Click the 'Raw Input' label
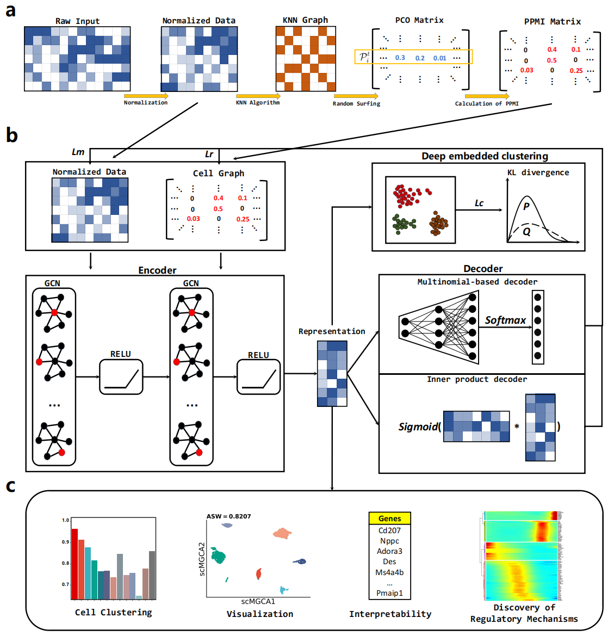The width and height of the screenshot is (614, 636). [77, 21]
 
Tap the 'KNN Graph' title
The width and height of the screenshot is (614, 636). [305, 20]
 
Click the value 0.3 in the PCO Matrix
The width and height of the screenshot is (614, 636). [400, 58]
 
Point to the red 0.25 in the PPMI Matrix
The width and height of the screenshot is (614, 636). [576, 71]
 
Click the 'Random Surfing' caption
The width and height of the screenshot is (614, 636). [356, 103]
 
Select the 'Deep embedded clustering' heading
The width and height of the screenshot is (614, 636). [485, 156]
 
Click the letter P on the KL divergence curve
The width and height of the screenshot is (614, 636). [526, 206]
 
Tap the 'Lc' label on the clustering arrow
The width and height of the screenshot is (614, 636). [479, 203]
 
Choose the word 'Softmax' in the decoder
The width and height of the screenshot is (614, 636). [505, 320]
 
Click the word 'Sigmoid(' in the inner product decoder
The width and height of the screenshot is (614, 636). [419, 427]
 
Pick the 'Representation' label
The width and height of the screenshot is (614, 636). [332, 331]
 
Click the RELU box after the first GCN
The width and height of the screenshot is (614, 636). [121, 377]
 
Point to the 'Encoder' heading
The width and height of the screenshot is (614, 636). [157, 270]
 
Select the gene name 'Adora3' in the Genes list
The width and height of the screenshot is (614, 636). [389, 551]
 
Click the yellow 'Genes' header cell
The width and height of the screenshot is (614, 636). [389, 518]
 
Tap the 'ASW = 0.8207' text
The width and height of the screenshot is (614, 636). [228, 516]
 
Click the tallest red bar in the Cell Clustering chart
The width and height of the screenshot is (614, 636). [75, 564]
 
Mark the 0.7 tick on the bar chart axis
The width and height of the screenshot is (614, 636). [65, 584]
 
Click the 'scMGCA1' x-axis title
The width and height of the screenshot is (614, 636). [258, 601]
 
